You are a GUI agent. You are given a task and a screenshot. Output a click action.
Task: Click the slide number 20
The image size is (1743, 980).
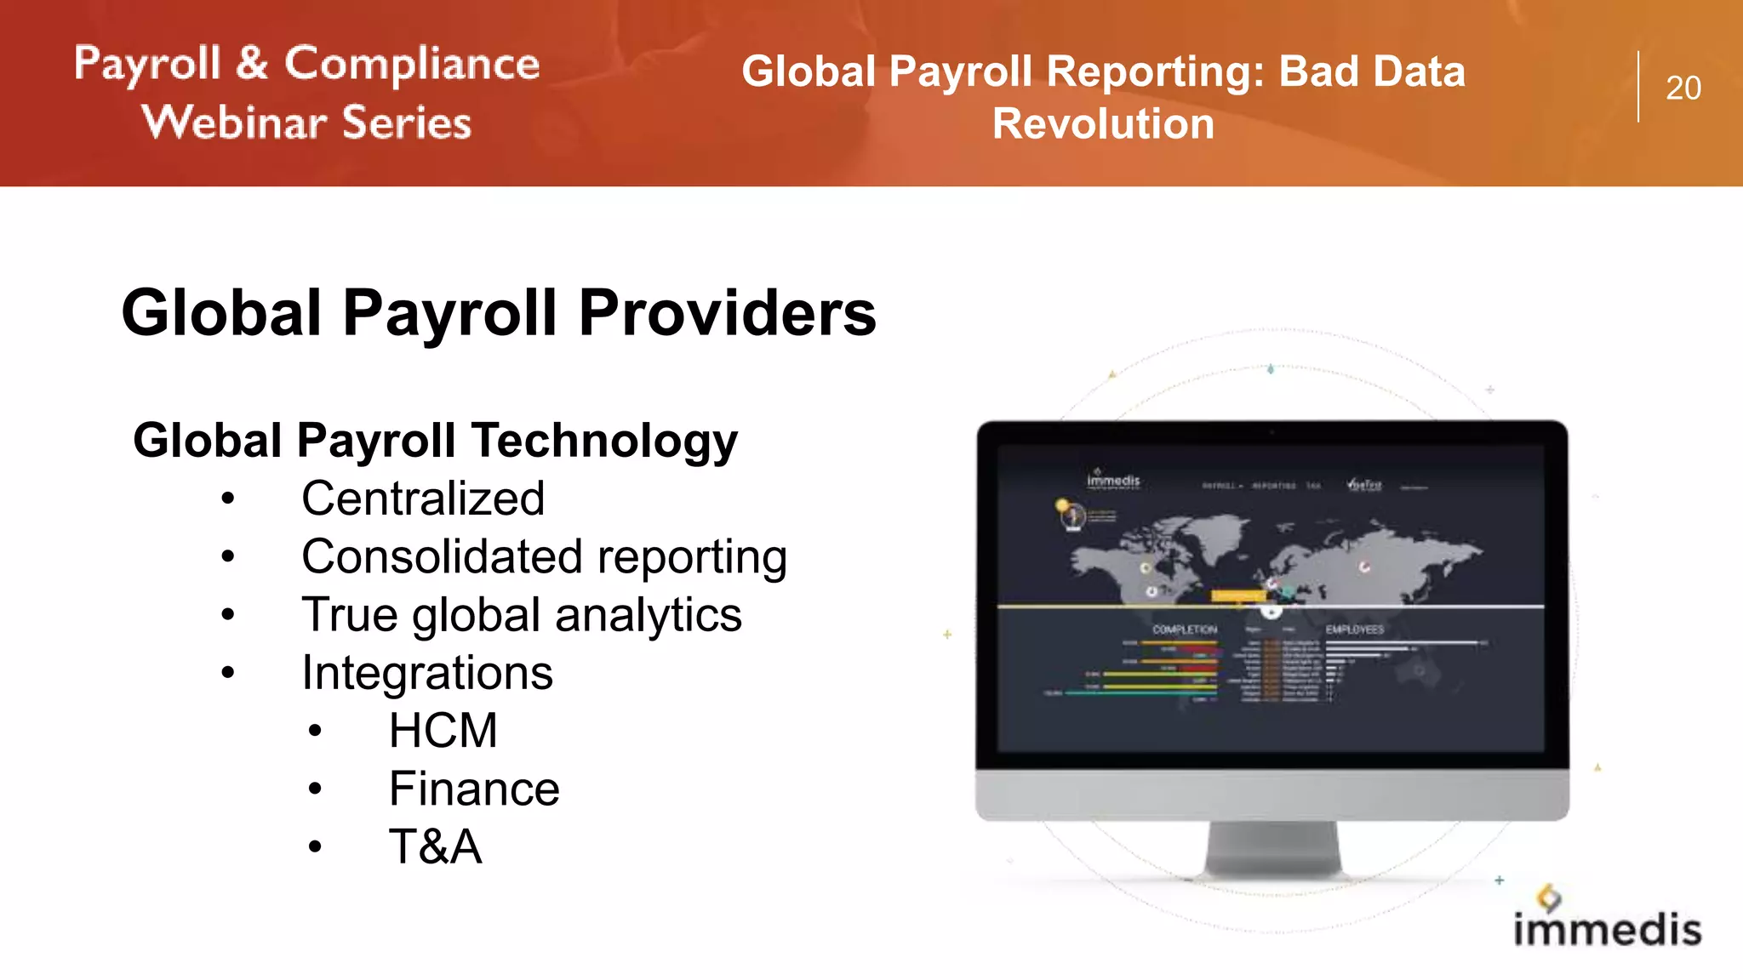[1683, 88]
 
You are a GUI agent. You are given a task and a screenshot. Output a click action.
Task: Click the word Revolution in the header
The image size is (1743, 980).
[1103, 124]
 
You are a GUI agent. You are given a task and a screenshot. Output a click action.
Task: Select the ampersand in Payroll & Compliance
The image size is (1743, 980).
[252, 64]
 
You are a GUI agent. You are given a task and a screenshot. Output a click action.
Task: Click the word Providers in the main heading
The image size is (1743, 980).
[727, 313]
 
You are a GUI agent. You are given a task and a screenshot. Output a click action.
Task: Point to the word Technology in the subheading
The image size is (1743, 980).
[605, 441]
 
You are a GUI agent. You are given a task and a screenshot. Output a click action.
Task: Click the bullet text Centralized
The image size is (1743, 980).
[423, 499]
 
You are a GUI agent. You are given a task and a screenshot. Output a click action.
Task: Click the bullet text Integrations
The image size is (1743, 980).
[427, 673]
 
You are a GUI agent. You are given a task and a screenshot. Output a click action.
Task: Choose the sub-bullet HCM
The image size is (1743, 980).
[443, 731]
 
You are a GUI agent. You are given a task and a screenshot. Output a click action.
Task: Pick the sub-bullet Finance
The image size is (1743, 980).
[474, 789]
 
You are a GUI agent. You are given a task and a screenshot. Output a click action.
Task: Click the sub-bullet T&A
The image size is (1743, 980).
[435, 846]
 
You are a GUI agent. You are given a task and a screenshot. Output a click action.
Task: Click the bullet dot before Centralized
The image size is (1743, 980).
[227, 499]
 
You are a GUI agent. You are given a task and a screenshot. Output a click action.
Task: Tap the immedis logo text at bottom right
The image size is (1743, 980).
[1607, 929]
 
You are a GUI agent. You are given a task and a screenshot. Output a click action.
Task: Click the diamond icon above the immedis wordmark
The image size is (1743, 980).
[1549, 897]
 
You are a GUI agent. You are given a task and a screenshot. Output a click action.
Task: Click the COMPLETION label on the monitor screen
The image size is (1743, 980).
[1185, 630]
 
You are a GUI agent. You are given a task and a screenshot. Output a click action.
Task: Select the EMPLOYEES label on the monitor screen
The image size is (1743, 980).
[1354, 630]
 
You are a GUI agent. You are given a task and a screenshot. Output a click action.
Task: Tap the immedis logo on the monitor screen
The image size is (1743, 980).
[1113, 481]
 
